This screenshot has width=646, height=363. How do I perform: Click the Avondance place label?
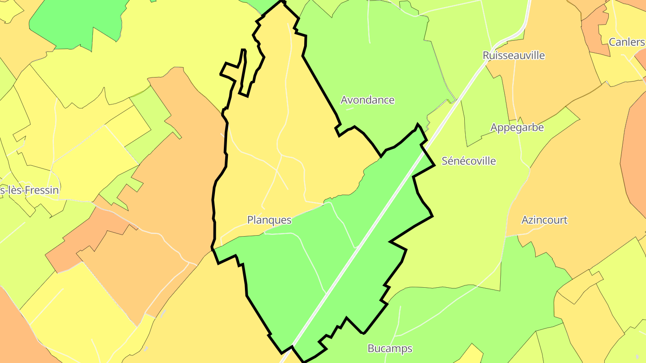coord(367,100)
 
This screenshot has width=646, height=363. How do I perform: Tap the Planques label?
coord(269,220)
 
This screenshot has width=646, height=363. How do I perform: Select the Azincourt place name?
coord(544,220)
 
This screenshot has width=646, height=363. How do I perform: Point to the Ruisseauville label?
coord(514,56)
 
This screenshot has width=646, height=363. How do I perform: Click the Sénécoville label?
coord(469,161)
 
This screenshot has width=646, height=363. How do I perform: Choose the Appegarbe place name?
coord(517,128)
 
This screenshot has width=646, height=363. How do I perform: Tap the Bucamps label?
coord(389,348)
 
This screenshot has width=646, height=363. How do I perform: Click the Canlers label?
coord(626,42)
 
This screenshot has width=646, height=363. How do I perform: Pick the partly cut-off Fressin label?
coord(30,190)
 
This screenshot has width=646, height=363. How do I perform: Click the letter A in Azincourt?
coord(525,220)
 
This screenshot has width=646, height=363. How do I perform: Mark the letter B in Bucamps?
coord(371,348)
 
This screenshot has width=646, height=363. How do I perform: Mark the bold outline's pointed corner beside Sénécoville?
coord(434,166)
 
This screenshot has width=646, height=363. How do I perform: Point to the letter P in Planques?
coord(250,220)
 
